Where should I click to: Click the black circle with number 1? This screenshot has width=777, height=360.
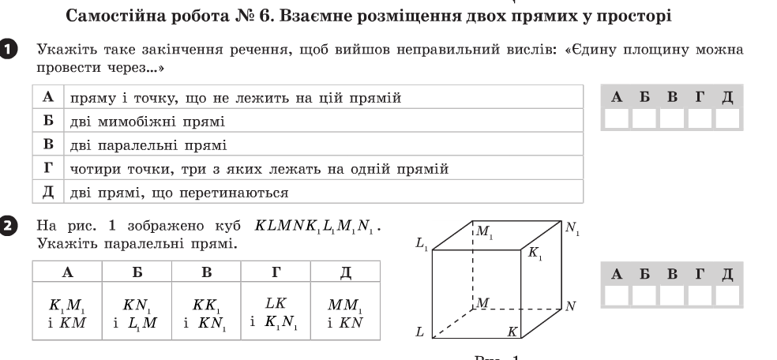(x=8, y=50)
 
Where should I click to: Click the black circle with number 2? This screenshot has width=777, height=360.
(x=8, y=227)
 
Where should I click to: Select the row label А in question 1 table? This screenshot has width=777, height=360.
(x=48, y=98)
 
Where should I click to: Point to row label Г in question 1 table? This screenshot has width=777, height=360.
(x=48, y=168)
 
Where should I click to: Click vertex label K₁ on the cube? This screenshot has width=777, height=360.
(x=537, y=254)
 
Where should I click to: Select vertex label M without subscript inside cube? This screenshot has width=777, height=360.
(x=482, y=302)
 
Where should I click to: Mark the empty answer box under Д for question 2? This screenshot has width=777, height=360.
(x=727, y=295)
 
